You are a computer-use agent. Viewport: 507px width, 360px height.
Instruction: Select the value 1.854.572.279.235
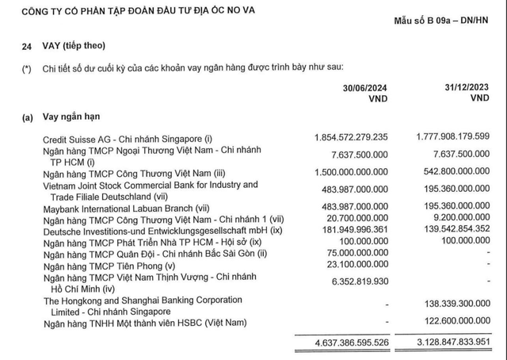(x=342, y=136)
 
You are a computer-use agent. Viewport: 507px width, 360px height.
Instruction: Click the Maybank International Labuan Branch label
(x=134, y=205)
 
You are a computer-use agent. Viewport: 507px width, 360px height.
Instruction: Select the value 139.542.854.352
(x=449, y=228)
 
